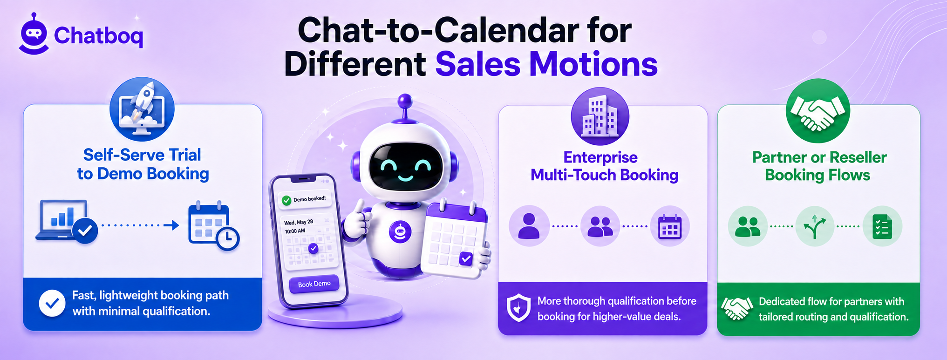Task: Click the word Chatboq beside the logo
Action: click(x=98, y=36)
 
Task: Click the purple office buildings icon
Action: click(x=600, y=116)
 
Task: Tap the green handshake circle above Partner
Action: click(x=818, y=111)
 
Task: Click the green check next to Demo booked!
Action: click(x=286, y=201)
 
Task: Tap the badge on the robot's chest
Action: click(x=400, y=231)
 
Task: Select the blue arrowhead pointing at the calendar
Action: click(x=175, y=225)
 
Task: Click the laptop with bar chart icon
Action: click(x=67, y=221)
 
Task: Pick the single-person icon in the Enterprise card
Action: click(x=529, y=226)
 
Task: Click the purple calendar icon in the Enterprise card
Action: click(x=670, y=226)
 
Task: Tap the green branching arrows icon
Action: click(x=815, y=227)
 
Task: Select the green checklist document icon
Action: click(x=882, y=227)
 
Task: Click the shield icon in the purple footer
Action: click(x=519, y=308)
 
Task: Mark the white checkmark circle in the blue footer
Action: click(x=52, y=303)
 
